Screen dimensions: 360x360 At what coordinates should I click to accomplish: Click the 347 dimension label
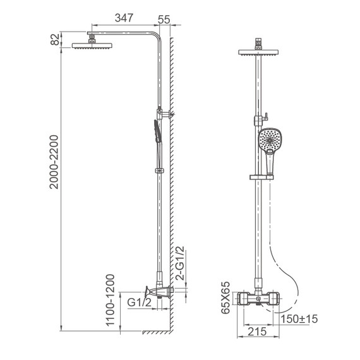124,18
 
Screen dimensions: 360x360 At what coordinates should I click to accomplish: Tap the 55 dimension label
164,20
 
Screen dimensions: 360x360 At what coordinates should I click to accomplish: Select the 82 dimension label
55,39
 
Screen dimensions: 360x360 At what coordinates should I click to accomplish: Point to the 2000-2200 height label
54,162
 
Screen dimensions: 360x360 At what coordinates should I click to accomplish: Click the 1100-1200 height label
110,300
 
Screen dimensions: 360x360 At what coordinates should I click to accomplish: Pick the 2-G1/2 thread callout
180,263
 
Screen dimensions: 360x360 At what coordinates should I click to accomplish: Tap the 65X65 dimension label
225,297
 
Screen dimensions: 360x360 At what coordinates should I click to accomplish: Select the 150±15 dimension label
299,319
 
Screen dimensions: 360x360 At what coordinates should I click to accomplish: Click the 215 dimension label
257,332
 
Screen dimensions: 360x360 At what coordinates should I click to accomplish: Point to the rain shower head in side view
92,45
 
